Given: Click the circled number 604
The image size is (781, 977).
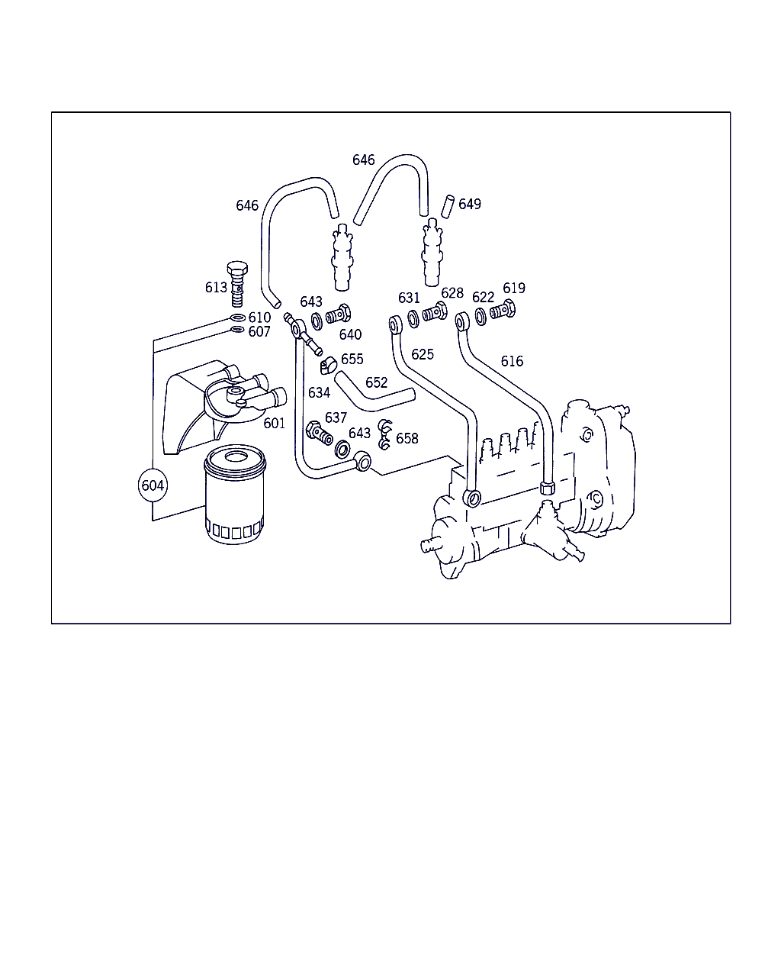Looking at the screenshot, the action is click(153, 485).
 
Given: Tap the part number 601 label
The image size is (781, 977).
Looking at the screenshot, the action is click(274, 423).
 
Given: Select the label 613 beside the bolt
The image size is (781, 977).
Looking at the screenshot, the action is click(216, 288).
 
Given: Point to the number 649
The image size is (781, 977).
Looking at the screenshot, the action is click(470, 205).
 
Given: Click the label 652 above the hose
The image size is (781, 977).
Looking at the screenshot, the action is click(376, 382).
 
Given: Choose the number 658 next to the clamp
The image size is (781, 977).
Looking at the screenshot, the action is click(407, 438).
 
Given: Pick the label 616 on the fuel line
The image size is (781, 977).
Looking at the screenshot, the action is click(512, 361).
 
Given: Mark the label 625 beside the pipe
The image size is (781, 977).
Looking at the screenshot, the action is click(423, 354).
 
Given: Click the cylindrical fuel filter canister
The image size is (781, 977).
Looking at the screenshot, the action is click(235, 495).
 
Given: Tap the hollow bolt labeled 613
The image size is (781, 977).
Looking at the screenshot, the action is click(237, 283).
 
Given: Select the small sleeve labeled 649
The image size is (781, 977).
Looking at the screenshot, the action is click(448, 207).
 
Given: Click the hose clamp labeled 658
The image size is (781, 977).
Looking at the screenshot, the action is click(385, 434).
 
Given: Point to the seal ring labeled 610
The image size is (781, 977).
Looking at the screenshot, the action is click(238, 318).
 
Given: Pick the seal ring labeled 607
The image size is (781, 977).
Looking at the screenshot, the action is click(237, 329).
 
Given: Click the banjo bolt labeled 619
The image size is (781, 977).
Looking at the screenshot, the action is click(503, 310).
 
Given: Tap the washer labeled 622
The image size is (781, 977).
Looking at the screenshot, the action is click(480, 317).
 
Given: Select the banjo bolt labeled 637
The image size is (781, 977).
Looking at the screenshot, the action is click(319, 434).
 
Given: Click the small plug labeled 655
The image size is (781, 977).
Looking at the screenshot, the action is click(328, 366).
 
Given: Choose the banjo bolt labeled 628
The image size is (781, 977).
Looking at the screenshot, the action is click(435, 312).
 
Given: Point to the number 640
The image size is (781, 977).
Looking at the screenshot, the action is click(350, 334).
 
